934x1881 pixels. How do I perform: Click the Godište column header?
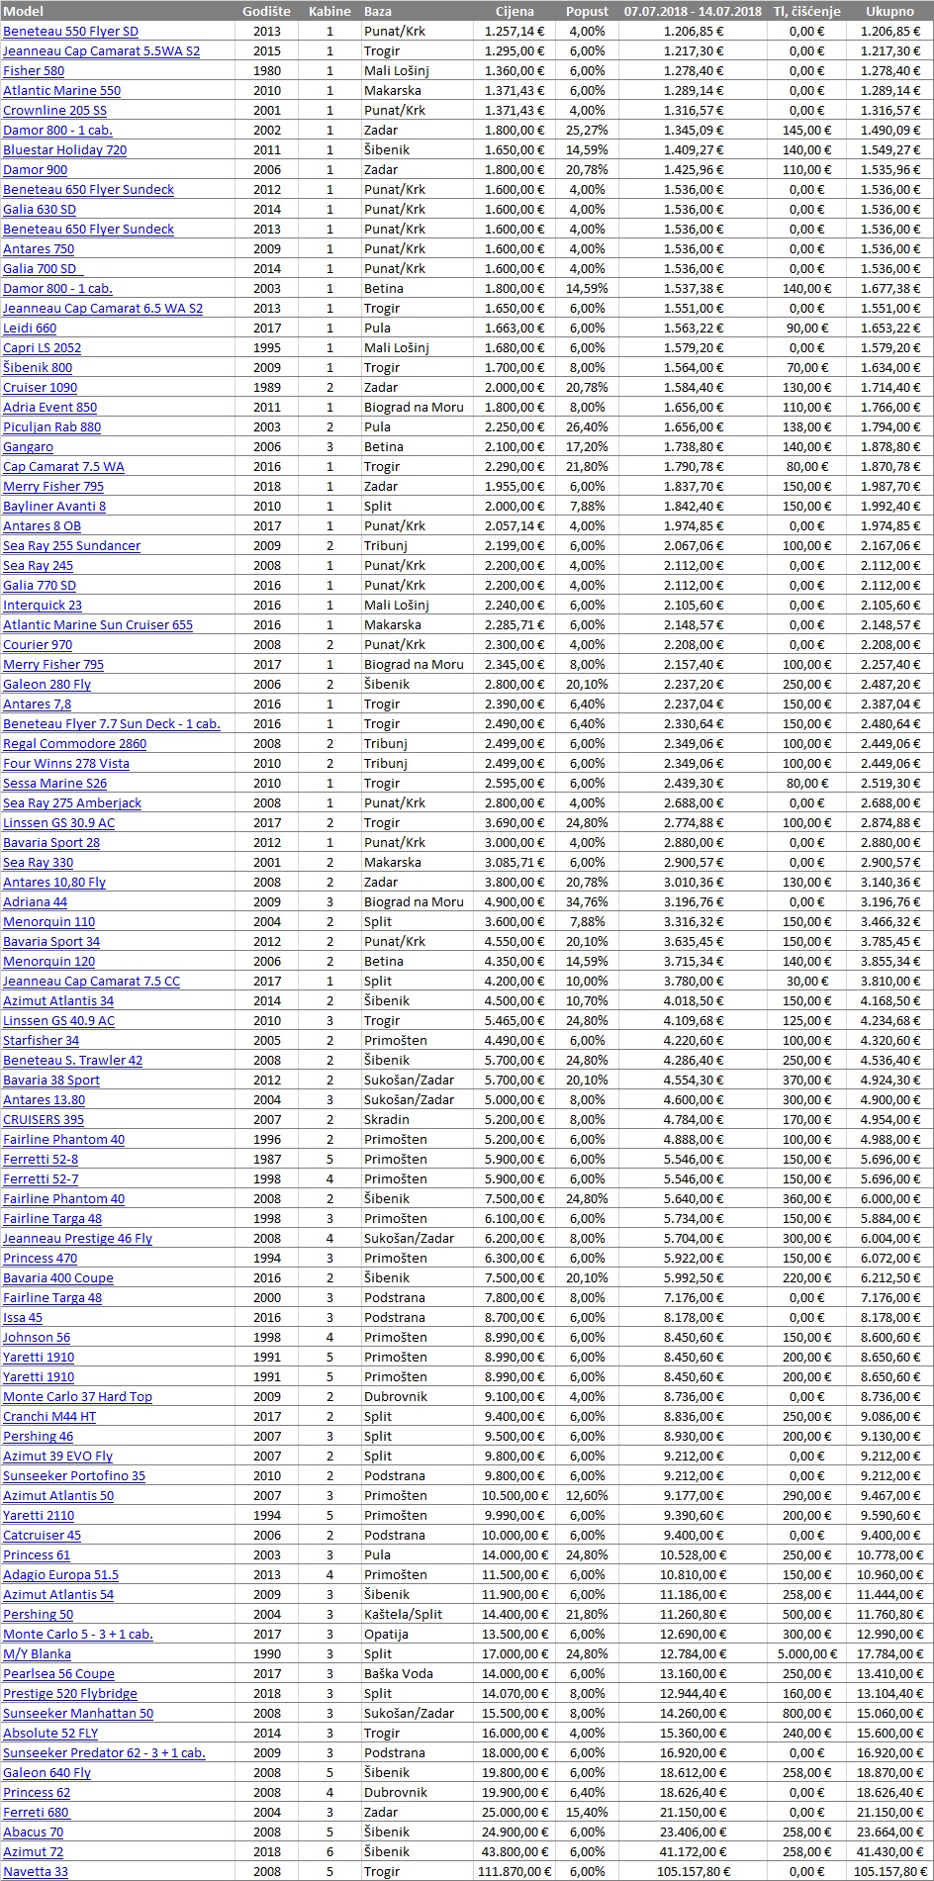(x=266, y=11)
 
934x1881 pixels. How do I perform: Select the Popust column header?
(x=587, y=11)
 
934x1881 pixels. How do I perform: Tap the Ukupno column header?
(x=889, y=11)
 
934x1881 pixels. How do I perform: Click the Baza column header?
(x=378, y=11)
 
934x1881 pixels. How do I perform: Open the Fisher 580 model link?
(x=34, y=70)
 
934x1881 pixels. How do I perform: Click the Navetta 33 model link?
(x=36, y=1871)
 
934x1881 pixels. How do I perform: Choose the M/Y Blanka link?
(x=37, y=1653)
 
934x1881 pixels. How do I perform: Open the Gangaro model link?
(x=28, y=446)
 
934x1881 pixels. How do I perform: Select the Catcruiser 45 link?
(x=42, y=1535)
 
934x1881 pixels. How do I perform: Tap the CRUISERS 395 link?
(x=44, y=1119)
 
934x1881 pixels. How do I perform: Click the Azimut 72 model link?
(x=33, y=1851)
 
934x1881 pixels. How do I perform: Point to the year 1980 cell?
(x=266, y=70)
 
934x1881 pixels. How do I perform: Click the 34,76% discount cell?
(x=587, y=901)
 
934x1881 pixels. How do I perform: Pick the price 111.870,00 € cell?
(x=514, y=1871)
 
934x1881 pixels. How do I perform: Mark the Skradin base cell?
(x=386, y=1119)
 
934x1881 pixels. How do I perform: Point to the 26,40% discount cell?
(x=587, y=426)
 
